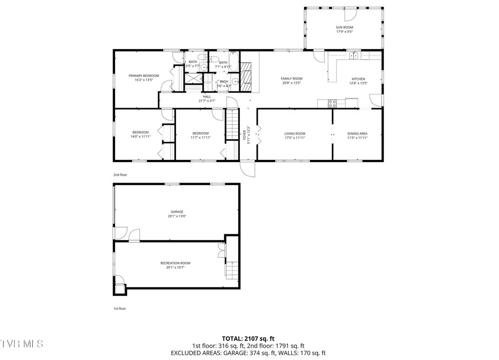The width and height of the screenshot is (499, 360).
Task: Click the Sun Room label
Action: (344, 27)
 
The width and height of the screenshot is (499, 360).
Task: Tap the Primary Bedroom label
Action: (144, 76)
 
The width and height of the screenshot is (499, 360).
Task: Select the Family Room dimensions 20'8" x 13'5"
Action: (291, 83)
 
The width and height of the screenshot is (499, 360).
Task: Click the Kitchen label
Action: (358, 79)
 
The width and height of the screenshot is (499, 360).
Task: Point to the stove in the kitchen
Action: (332, 103)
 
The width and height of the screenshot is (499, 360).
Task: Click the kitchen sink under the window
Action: (354, 56)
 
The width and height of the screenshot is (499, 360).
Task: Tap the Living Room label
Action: (295, 133)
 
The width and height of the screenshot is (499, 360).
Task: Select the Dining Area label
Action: (357, 133)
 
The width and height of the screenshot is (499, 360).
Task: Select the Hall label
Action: (207, 96)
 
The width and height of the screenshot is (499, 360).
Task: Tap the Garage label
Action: (177, 211)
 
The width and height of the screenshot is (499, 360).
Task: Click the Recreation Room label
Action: (175, 263)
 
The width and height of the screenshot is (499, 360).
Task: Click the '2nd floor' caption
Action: (120, 174)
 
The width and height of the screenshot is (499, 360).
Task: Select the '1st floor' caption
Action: (119, 308)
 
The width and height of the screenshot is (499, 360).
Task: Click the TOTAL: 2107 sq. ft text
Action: (249, 338)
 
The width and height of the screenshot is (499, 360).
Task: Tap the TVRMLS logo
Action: (22, 344)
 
